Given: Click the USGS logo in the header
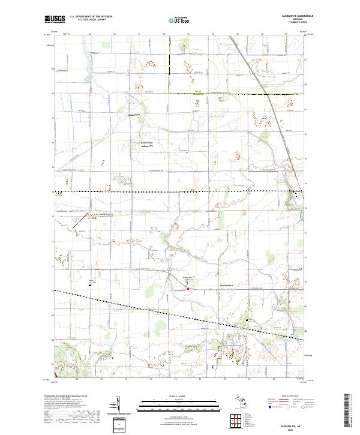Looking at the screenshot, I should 54,20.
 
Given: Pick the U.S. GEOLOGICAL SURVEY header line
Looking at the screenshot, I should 87,20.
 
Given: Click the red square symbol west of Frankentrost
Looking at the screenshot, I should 188,289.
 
